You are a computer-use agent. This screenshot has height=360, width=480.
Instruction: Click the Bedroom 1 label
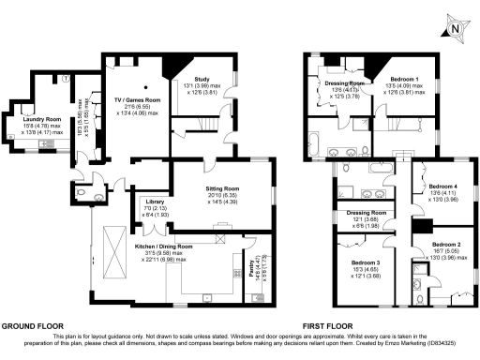pyautogui.click(x=404, y=81)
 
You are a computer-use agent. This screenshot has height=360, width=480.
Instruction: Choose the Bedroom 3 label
pyautogui.click(x=365, y=262)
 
